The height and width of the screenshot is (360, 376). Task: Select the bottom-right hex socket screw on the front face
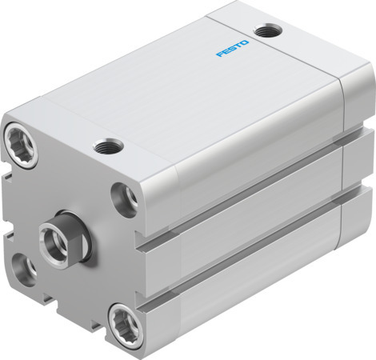click(122, 320)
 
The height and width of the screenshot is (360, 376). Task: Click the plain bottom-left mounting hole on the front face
click(22, 271)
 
